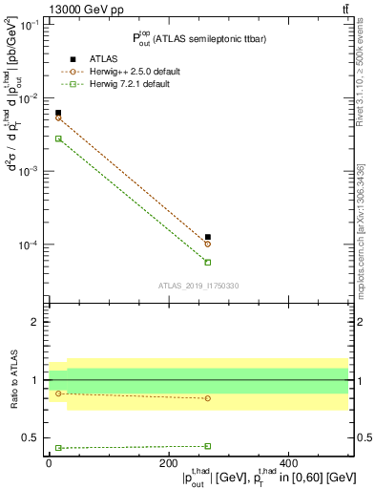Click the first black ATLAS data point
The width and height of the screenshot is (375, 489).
click(x=57, y=113)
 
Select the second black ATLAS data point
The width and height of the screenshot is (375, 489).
click(x=208, y=237)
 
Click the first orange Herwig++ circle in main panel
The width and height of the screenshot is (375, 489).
click(x=57, y=118)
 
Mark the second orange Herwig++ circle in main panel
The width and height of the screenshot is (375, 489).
click(x=208, y=244)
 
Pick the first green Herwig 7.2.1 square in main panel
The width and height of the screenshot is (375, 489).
click(x=57, y=138)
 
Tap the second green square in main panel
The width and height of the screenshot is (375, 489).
click(x=208, y=262)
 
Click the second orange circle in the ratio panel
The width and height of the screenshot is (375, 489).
click(x=208, y=398)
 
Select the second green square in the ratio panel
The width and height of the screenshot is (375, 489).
click(x=208, y=446)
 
